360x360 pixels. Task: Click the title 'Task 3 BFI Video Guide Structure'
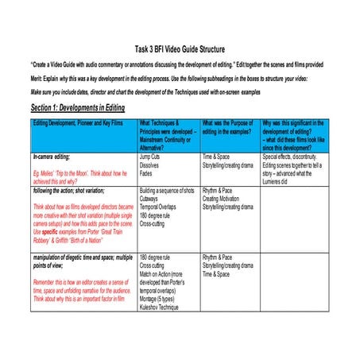click(x=180, y=48)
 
